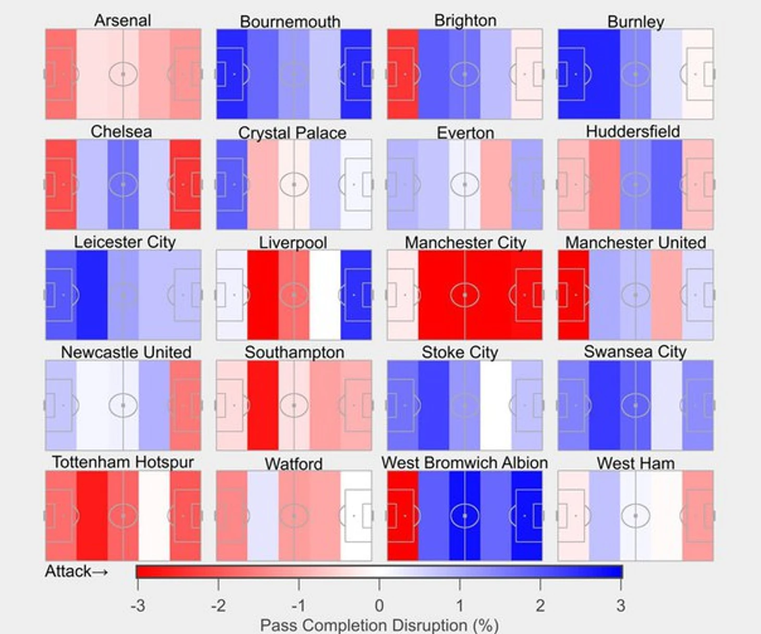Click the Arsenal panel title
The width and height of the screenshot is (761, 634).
[x=122, y=20]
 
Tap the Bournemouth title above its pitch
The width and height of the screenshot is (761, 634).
[x=290, y=22]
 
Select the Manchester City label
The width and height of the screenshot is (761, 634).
[x=465, y=243]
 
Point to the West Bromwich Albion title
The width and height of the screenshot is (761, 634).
[x=464, y=463]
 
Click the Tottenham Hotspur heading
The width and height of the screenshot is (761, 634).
[x=122, y=462]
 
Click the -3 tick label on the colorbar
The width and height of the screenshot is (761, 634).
[x=138, y=606]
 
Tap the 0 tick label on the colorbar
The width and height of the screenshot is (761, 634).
[x=379, y=606]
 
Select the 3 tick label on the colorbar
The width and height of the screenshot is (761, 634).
[x=620, y=606]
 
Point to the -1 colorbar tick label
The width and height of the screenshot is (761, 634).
[x=298, y=606]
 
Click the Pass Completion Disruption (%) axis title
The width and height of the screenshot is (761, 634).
[x=379, y=625]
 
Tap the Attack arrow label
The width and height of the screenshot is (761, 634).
[x=76, y=572]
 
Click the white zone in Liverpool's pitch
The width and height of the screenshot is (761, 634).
[x=325, y=295]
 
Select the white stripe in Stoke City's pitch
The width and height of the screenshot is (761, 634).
[x=496, y=405]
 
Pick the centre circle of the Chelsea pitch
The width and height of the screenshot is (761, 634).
[x=123, y=184]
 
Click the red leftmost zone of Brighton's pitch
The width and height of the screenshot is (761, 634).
[x=402, y=74]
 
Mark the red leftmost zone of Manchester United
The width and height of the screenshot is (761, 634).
[x=573, y=295]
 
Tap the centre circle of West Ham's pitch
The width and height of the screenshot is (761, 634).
[x=635, y=516]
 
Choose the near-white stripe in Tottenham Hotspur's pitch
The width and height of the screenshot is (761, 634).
[x=154, y=516]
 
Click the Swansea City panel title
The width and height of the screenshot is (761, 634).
[x=635, y=352]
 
